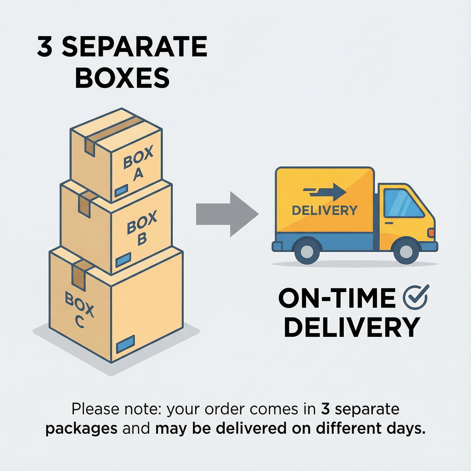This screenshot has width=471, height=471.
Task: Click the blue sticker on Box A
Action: pyautogui.click(x=121, y=190)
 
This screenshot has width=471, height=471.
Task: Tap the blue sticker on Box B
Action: pyautogui.click(x=123, y=260)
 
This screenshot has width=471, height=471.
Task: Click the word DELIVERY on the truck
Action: pyautogui.click(x=324, y=210)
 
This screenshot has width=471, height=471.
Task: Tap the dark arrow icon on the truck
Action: pyautogui.click(x=325, y=191)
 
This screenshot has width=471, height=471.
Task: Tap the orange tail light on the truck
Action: pyautogui.click(x=431, y=232)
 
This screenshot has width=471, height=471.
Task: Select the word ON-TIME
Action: pyautogui.click(x=337, y=298)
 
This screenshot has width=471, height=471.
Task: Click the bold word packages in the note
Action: pyautogui.click(x=82, y=429)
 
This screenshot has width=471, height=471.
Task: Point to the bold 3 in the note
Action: pyautogui.click(x=325, y=409)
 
